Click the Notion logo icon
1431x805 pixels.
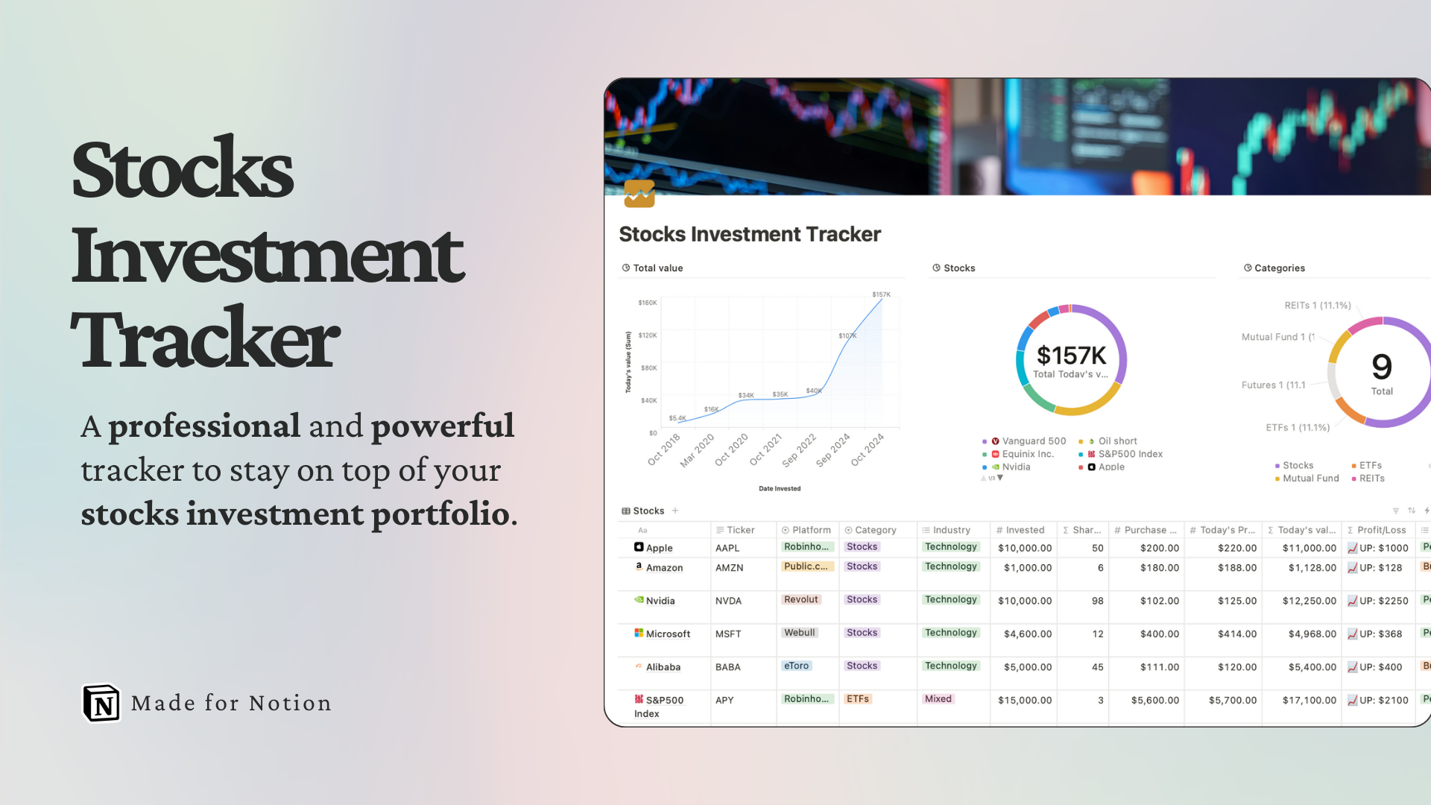pyautogui.click(x=101, y=703)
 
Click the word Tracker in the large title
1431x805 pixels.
pyautogui.click(x=206, y=340)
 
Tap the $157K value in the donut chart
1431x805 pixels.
pyautogui.click(x=1071, y=356)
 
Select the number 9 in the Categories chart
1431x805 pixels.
pyautogui.click(x=1382, y=367)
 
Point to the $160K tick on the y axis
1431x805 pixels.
pyautogui.click(x=647, y=303)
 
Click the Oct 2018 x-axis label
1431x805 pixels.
pyautogui.click(x=664, y=449)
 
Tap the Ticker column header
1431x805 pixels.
pyautogui.click(x=740, y=530)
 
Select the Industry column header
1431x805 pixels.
pyautogui.click(x=951, y=530)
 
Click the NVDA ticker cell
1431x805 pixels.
pyautogui.click(x=728, y=601)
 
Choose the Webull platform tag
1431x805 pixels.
pyautogui.click(x=800, y=633)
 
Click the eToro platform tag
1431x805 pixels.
pyautogui.click(x=796, y=666)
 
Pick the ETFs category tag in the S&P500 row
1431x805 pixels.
pyautogui.click(x=857, y=699)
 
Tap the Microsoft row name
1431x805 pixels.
pyautogui.click(x=668, y=634)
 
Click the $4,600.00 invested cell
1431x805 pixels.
pyautogui.click(x=1027, y=634)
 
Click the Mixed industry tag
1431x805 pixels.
pyautogui.click(x=938, y=699)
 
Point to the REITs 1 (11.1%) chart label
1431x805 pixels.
pyautogui.click(x=1317, y=306)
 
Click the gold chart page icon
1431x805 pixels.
pyautogui.click(x=639, y=194)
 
